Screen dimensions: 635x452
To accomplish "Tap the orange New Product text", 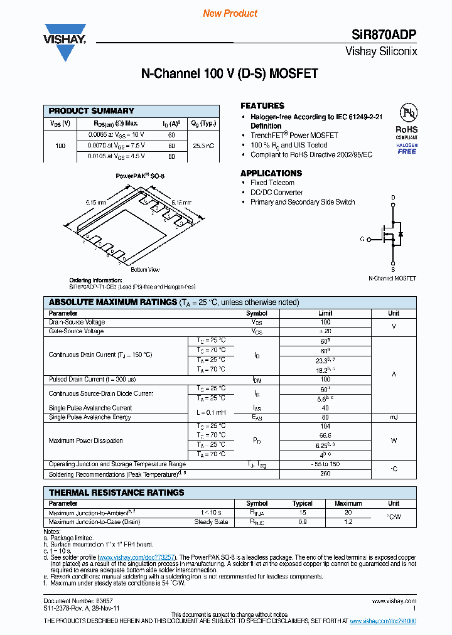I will [x=230, y=13].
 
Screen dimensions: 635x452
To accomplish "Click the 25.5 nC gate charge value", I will [x=203, y=145].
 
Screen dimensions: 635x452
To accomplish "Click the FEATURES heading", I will [x=262, y=106].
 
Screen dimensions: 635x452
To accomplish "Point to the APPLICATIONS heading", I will [x=271, y=173].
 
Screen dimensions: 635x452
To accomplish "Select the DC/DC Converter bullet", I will [x=276, y=193].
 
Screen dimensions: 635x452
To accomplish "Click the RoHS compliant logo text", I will [x=406, y=131].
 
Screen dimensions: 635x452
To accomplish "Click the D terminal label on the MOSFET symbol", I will [x=394, y=198].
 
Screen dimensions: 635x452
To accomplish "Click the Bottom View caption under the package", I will [x=145, y=270].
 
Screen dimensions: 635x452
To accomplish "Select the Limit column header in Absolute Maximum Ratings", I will [x=325, y=313].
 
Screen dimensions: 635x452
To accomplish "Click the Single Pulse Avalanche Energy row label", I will [x=90, y=417].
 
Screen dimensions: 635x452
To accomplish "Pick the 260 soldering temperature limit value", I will [x=325, y=474].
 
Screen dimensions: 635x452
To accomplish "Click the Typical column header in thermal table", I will [x=303, y=503].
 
